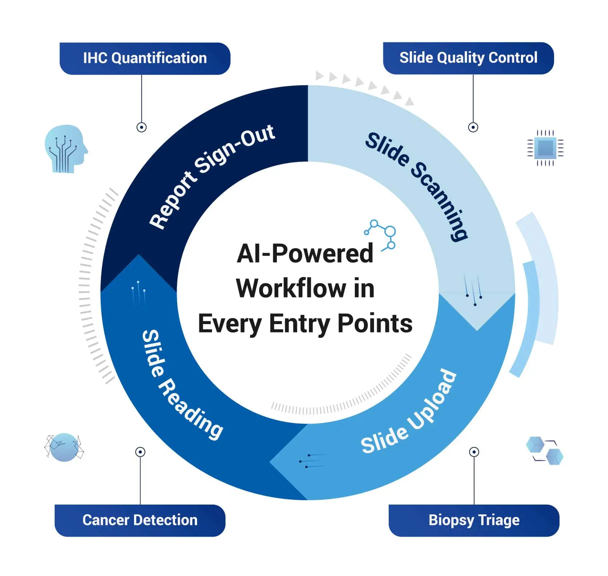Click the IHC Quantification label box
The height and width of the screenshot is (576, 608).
point(145,59)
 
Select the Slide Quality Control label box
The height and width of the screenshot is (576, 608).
point(468,58)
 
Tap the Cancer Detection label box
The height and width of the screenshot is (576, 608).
point(140,520)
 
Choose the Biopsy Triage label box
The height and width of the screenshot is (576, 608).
point(474,520)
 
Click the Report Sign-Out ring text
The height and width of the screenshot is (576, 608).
point(212,176)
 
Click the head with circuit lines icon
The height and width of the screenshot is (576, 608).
point(66,149)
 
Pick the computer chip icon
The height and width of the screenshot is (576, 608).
point(545,148)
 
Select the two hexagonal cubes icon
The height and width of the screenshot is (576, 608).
point(545,451)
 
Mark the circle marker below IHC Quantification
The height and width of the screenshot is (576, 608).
point(141,127)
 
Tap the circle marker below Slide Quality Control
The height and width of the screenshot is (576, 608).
point(473,127)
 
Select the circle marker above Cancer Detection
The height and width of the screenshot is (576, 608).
point(140,452)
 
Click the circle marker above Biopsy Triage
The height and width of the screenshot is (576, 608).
point(474,452)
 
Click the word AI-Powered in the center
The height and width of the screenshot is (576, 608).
point(305,253)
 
